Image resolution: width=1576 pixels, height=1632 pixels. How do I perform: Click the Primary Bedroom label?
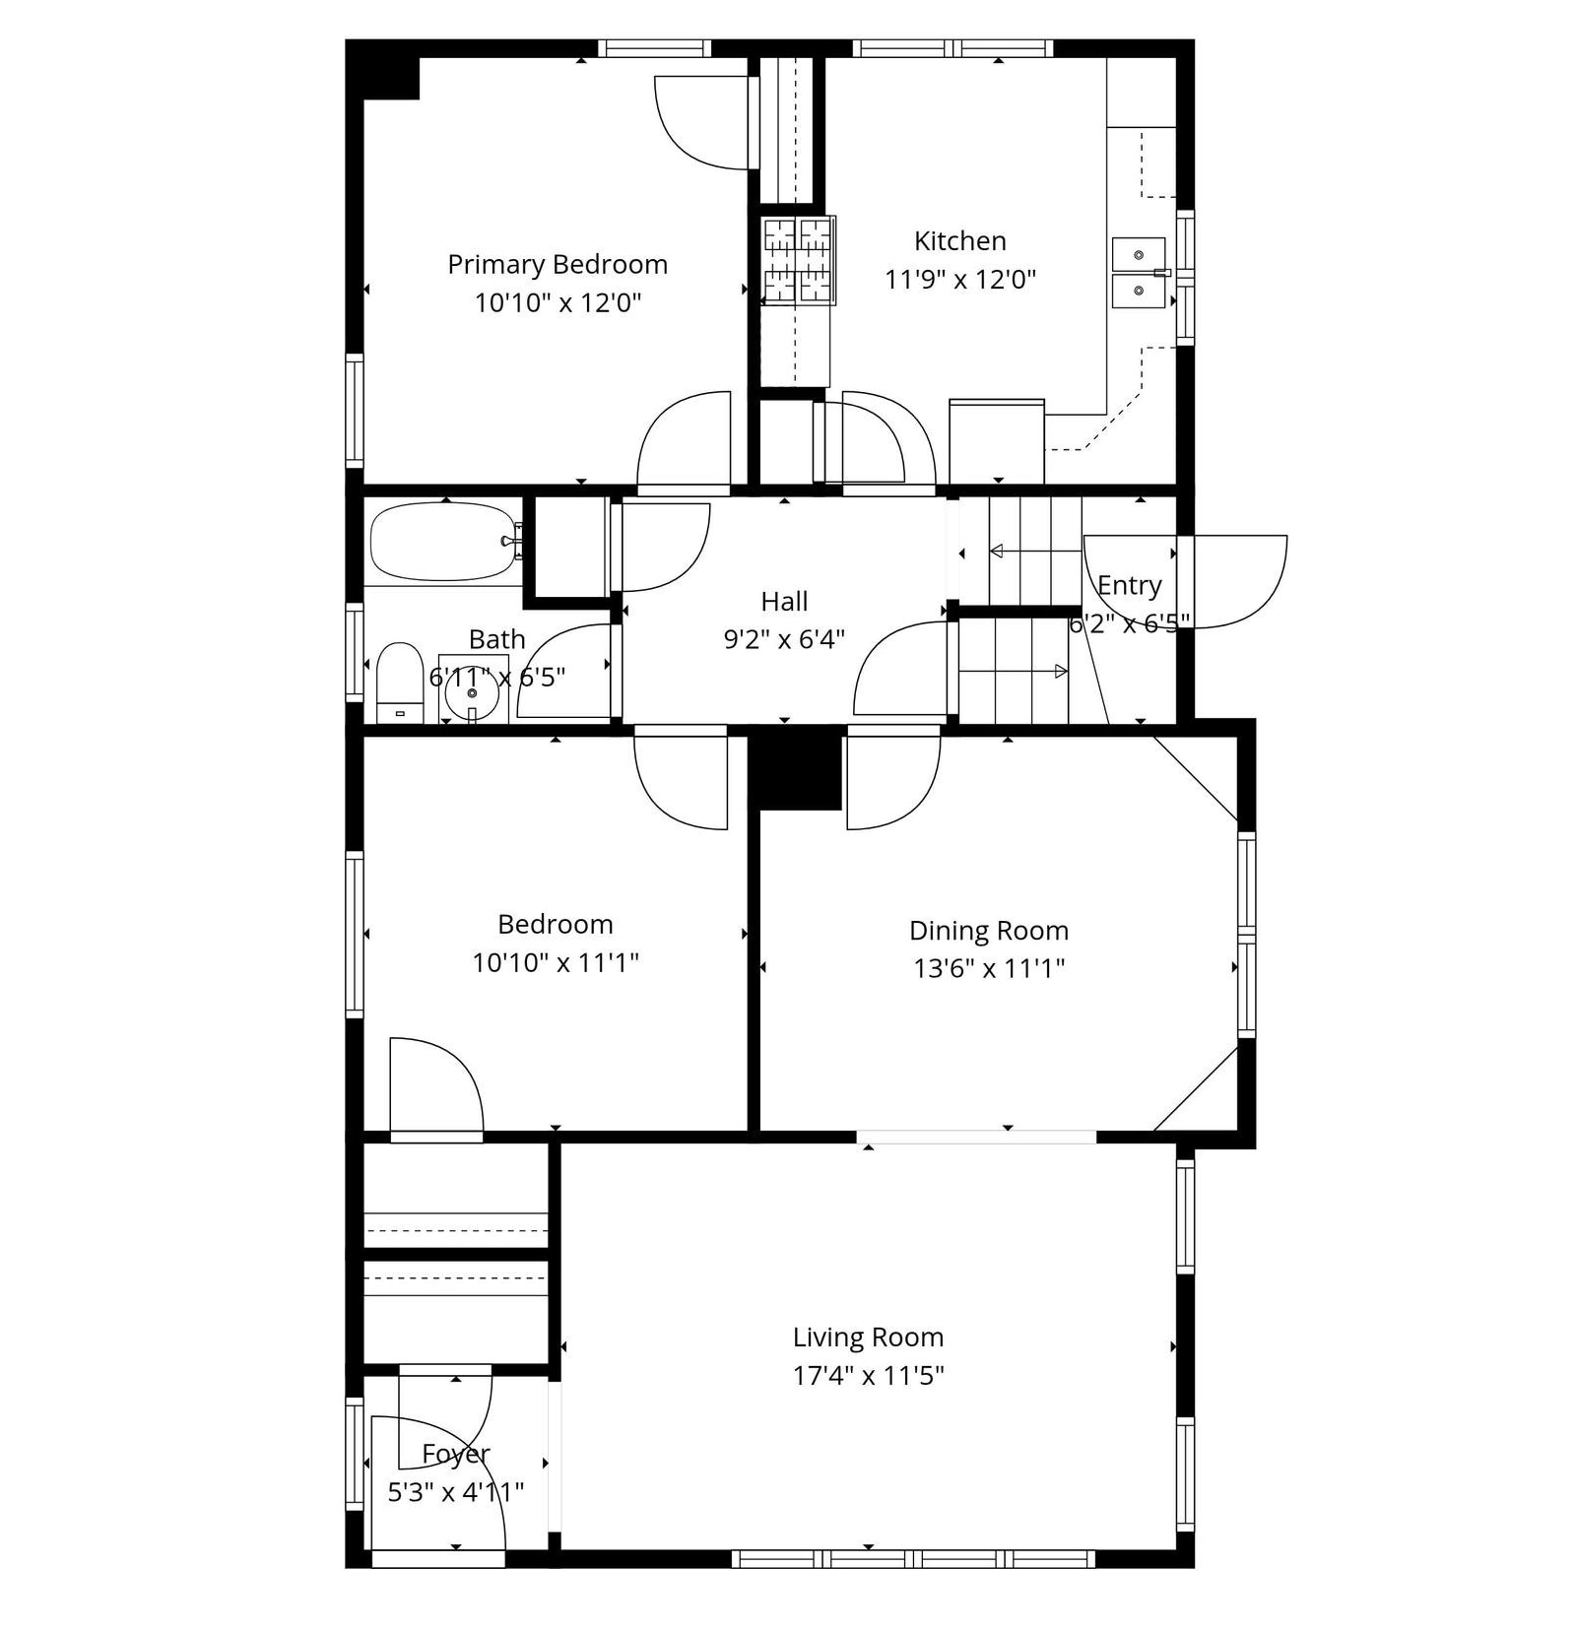(x=558, y=265)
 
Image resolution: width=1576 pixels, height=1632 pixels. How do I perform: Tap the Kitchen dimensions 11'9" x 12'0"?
(x=960, y=280)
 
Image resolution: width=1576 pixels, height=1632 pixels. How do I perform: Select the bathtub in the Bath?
(x=445, y=542)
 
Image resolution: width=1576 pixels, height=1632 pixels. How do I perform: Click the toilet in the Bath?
(x=400, y=683)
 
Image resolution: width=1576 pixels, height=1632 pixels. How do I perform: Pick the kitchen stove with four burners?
(x=798, y=260)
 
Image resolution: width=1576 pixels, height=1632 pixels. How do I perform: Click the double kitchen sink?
(x=1140, y=273)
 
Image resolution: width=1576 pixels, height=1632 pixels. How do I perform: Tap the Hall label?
(x=784, y=602)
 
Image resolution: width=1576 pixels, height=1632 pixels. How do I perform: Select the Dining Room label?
(x=989, y=931)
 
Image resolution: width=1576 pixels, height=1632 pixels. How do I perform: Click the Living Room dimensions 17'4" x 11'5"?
(x=869, y=1375)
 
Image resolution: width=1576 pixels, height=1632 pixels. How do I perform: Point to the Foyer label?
(x=456, y=1455)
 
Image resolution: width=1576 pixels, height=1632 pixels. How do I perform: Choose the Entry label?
(x=1130, y=586)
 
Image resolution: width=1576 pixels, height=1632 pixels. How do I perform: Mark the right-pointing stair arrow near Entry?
(x=1014, y=672)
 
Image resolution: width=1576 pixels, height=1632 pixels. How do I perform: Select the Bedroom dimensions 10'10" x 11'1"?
(x=556, y=962)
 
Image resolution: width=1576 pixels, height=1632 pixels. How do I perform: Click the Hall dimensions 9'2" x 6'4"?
(x=784, y=640)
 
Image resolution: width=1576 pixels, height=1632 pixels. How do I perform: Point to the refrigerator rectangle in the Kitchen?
(x=997, y=441)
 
